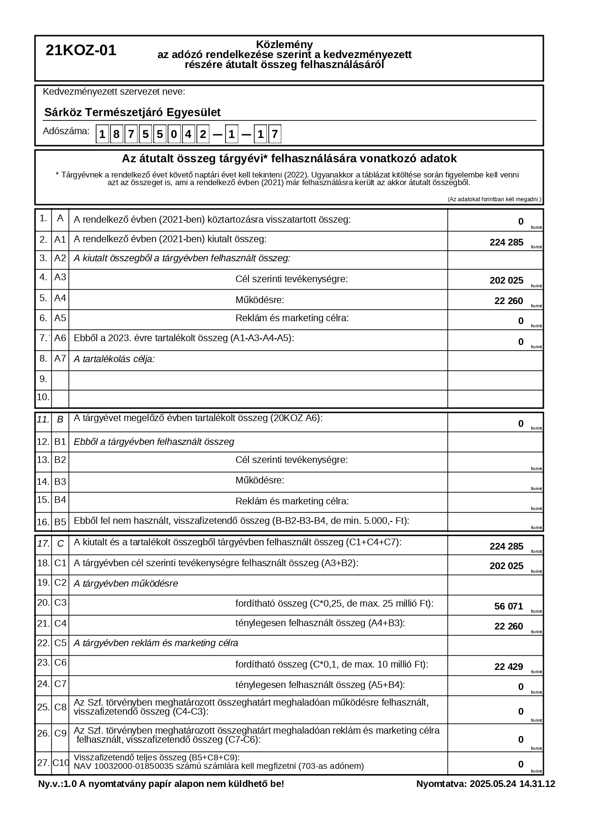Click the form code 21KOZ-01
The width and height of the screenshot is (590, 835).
point(81,50)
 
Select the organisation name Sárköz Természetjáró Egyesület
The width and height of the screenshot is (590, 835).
point(132,113)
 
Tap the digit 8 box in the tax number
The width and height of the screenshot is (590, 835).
point(117,135)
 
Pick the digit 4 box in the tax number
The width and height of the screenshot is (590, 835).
point(188,135)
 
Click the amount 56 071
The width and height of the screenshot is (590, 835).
point(508,606)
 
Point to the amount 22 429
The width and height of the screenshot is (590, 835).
point(508,667)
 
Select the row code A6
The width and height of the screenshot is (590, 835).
point(60,338)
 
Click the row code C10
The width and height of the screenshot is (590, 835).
point(60,763)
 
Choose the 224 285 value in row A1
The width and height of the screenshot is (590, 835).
point(506,243)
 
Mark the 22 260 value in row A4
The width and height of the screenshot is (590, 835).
point(508,301)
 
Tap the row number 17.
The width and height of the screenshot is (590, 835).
point(43,543)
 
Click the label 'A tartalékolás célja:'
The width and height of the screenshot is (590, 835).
point(114,359)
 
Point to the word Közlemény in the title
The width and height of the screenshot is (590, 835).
point(285,45)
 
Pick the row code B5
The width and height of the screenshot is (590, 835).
point(60,522)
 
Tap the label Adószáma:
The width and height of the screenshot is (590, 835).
point(66,131)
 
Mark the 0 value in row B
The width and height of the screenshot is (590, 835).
point(521,423)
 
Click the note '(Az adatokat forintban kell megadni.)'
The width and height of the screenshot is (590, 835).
point(494,199)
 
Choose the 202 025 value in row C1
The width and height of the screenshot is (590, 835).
point(506,566)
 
